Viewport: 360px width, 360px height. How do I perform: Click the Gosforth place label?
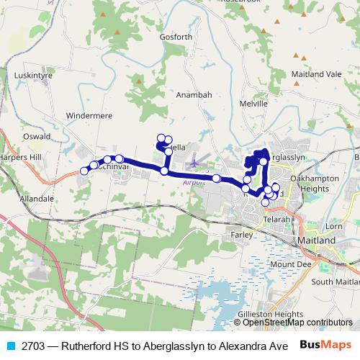176,37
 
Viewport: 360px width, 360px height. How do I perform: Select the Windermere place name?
90,114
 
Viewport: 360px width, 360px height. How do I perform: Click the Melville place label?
253,104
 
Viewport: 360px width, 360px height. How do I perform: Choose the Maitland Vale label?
317,74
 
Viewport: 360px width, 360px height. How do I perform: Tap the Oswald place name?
37,136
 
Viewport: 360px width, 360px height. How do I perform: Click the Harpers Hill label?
21,157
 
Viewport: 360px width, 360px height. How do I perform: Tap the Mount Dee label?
286,264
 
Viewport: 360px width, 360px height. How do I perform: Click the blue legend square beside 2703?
10,346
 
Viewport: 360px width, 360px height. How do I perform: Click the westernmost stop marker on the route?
84,171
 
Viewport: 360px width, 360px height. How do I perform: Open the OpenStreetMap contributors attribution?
297,323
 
